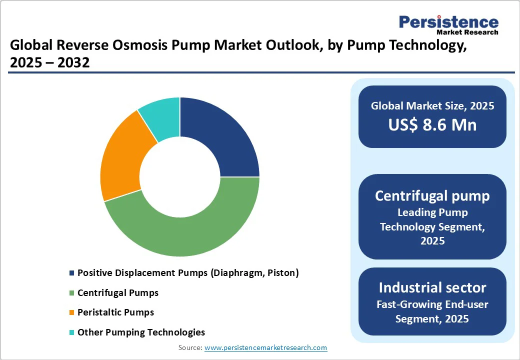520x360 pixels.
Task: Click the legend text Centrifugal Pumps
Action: pyautogui.click(x=118, y=292)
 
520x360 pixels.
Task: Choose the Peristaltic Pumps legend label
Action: pyautogui.click(x=115, y=312)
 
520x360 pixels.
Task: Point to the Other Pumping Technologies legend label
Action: pyautogui.click(x=141, y=332)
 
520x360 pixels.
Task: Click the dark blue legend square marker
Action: pyautogui.click(x=72, y=273)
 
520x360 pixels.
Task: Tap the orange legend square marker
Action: pyautogui.click(x=72, y=312)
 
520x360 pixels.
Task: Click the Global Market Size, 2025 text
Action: pyautogui.click(x=432, y=105)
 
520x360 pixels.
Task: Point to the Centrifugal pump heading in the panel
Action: pyautogui.click(x=432, y=195)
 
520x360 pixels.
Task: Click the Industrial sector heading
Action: pyautogui.click(x=432, y=287)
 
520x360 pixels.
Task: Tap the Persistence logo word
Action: pyautogui.click(x=448, y=22)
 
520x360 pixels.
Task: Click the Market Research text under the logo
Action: pyautogui.click(x=467, y=32)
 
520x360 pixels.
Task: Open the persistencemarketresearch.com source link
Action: pyautogui.click(x=265, y=347)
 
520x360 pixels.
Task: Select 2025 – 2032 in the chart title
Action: pyautogui.click(x=49, y=63)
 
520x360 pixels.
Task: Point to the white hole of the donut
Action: pyautogui.click(x=180, y=177)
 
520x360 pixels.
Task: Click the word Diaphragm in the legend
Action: pyautogui.click(x=235, y=273)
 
